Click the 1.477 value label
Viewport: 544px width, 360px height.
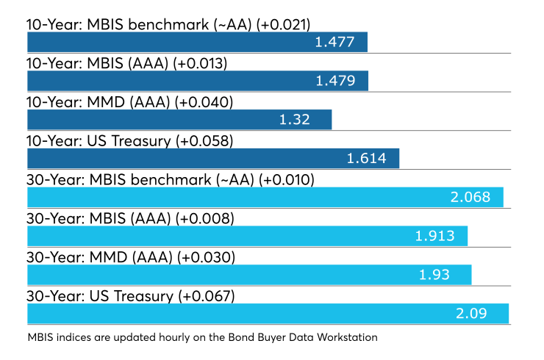334,42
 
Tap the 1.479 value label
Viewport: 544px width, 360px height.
335,81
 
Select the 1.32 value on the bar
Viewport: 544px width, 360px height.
294,120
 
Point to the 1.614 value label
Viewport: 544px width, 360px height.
366,159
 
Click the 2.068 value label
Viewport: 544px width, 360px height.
470,198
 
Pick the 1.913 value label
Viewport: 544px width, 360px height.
434,236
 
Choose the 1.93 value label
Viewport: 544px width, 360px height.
434,275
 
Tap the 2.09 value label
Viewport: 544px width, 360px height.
471,314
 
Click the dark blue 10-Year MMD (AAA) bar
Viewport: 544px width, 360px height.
179,120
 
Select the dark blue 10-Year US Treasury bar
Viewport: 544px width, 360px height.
213,159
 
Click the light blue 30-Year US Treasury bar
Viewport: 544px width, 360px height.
268,314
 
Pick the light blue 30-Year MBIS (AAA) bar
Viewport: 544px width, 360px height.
247,236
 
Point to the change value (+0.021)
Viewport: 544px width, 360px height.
283,25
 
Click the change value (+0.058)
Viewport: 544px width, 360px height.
204,141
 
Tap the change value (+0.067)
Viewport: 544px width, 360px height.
207,297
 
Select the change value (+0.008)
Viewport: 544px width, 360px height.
204,219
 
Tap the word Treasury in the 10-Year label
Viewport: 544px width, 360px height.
141,142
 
